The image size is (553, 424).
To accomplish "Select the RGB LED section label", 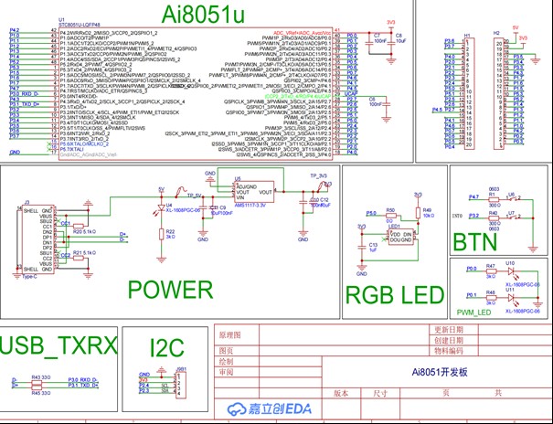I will coord(394,294).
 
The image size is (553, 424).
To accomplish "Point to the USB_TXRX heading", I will coord(59,344).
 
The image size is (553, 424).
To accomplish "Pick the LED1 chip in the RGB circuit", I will coord(398,236).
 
